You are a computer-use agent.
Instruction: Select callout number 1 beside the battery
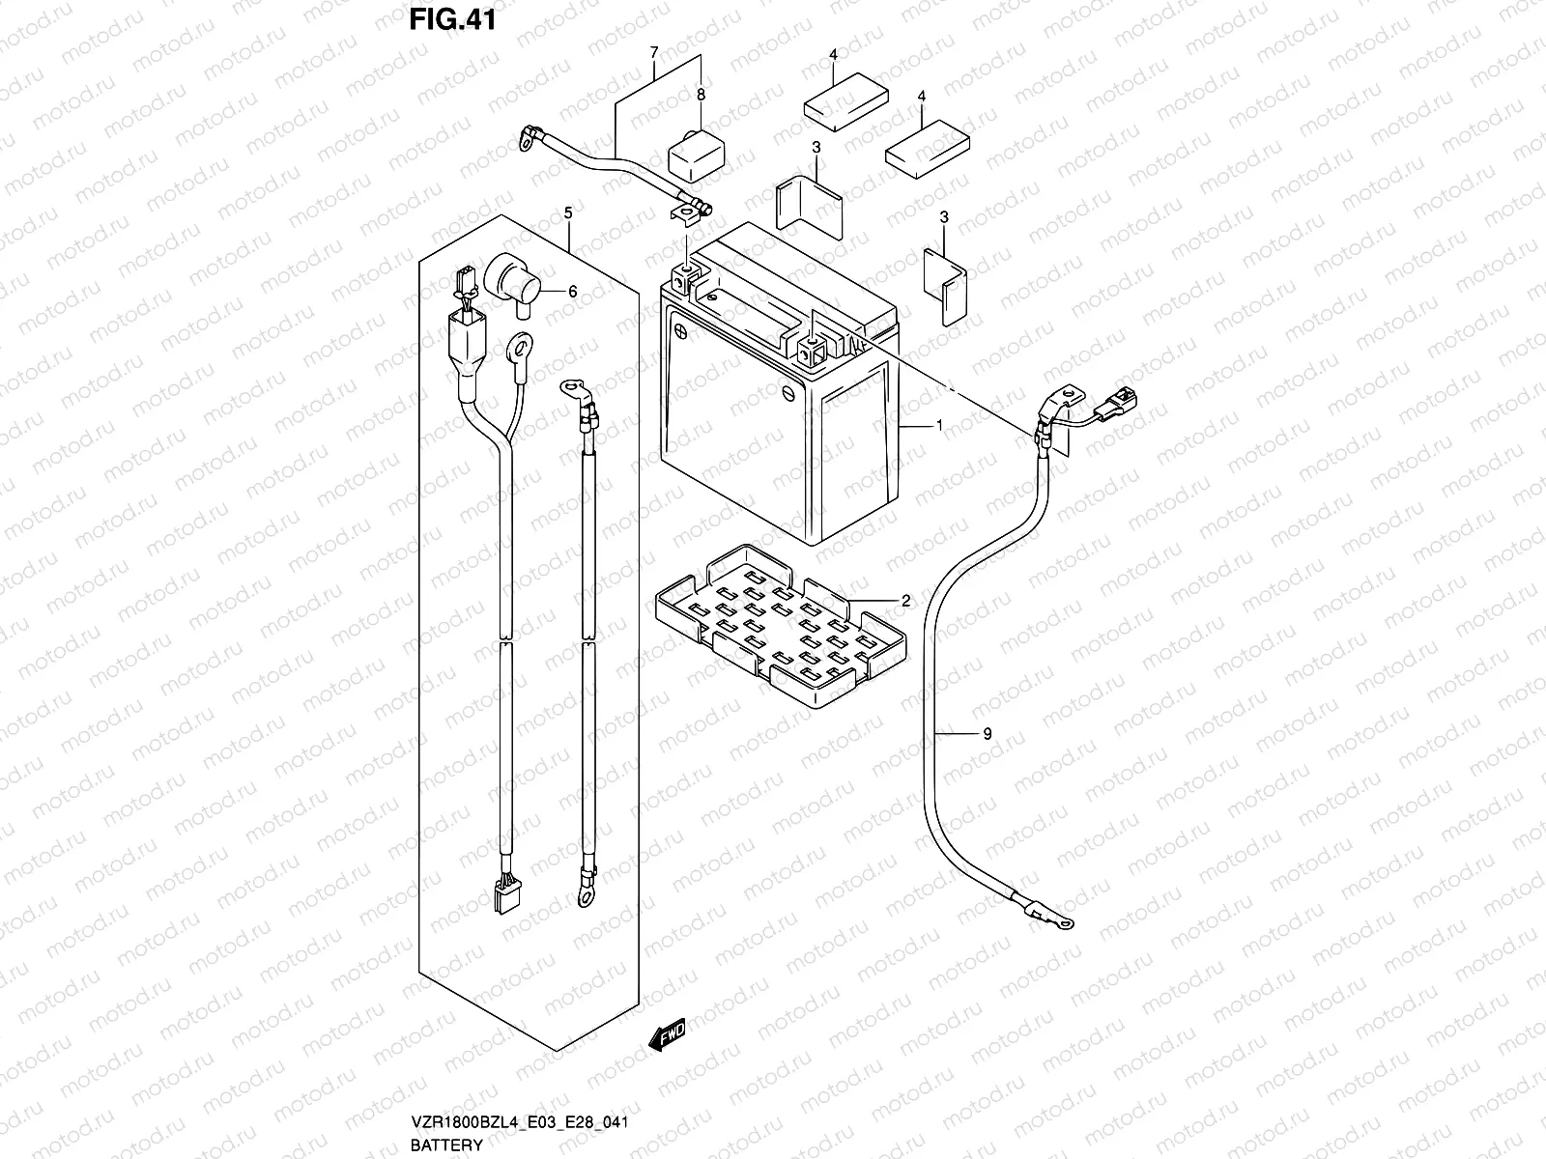[x=938, y=426]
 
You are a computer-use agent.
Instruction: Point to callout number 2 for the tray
[x=905, y=601]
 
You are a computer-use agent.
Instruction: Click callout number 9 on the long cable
[x=987, y=734]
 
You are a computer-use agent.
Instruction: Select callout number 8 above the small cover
[x=701, y=95]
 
